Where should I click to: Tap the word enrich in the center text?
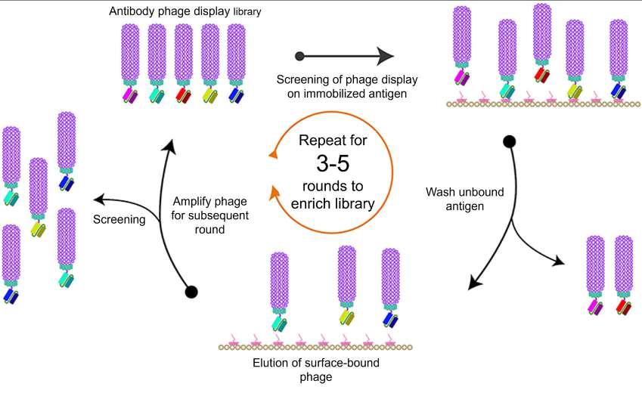point(310,203)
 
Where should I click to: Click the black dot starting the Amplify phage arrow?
point(191,291)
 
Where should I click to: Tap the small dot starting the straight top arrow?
point(299,56)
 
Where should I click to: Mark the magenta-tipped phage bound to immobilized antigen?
point(461,45)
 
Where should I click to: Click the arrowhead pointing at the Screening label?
point(96,200)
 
